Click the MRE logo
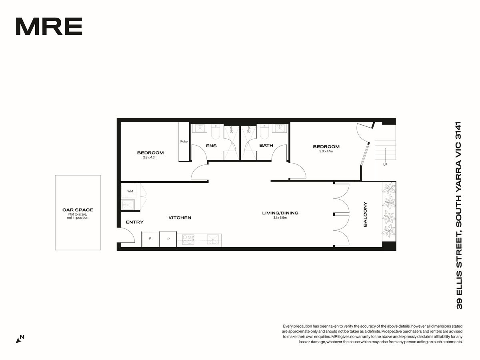click(x=49, y=26)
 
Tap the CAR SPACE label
click(x=78, y=210)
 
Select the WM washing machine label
click(x=130, y=191)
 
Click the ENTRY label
click(x=135, y=222)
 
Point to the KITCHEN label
click(x=180, y=218)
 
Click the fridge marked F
click(x=150, y=239)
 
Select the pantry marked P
click(x=168, y=239)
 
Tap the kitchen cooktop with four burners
click(x=188, y=239)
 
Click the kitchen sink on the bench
click(x=212, y=239)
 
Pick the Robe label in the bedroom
click(x=184, y=142)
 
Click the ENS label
click(x=211, y=146)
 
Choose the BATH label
click(x=266, y=145)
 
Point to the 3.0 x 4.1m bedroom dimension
click(x=326, y=151)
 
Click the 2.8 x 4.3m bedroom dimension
click(x=150, y=157)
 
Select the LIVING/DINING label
click(x=280, y=213)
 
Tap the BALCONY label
click(x=365, y=214)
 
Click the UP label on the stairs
click(x=385, y=164)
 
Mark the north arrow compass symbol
click(x=20, y=339)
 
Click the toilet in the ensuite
click(x=216, y=132)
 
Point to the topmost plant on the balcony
click(x=389, y=189)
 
